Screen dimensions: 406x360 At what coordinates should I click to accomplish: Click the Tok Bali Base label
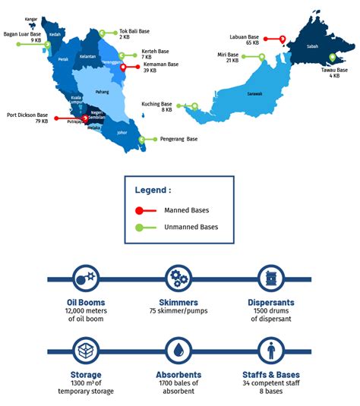(134, 32)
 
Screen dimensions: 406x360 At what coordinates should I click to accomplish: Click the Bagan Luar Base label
(22, 33)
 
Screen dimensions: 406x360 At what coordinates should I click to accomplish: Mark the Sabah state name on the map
(311, 46)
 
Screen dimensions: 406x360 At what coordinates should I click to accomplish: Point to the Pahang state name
(102, 92)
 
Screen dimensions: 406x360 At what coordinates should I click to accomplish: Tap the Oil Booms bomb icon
(84, 278)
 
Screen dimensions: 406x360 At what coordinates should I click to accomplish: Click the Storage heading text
(84, 374)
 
